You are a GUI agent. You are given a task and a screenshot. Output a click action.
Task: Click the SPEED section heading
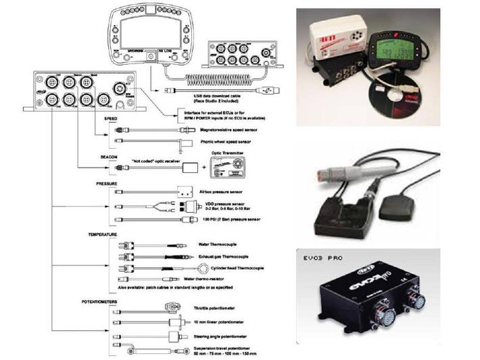(111, 118)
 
